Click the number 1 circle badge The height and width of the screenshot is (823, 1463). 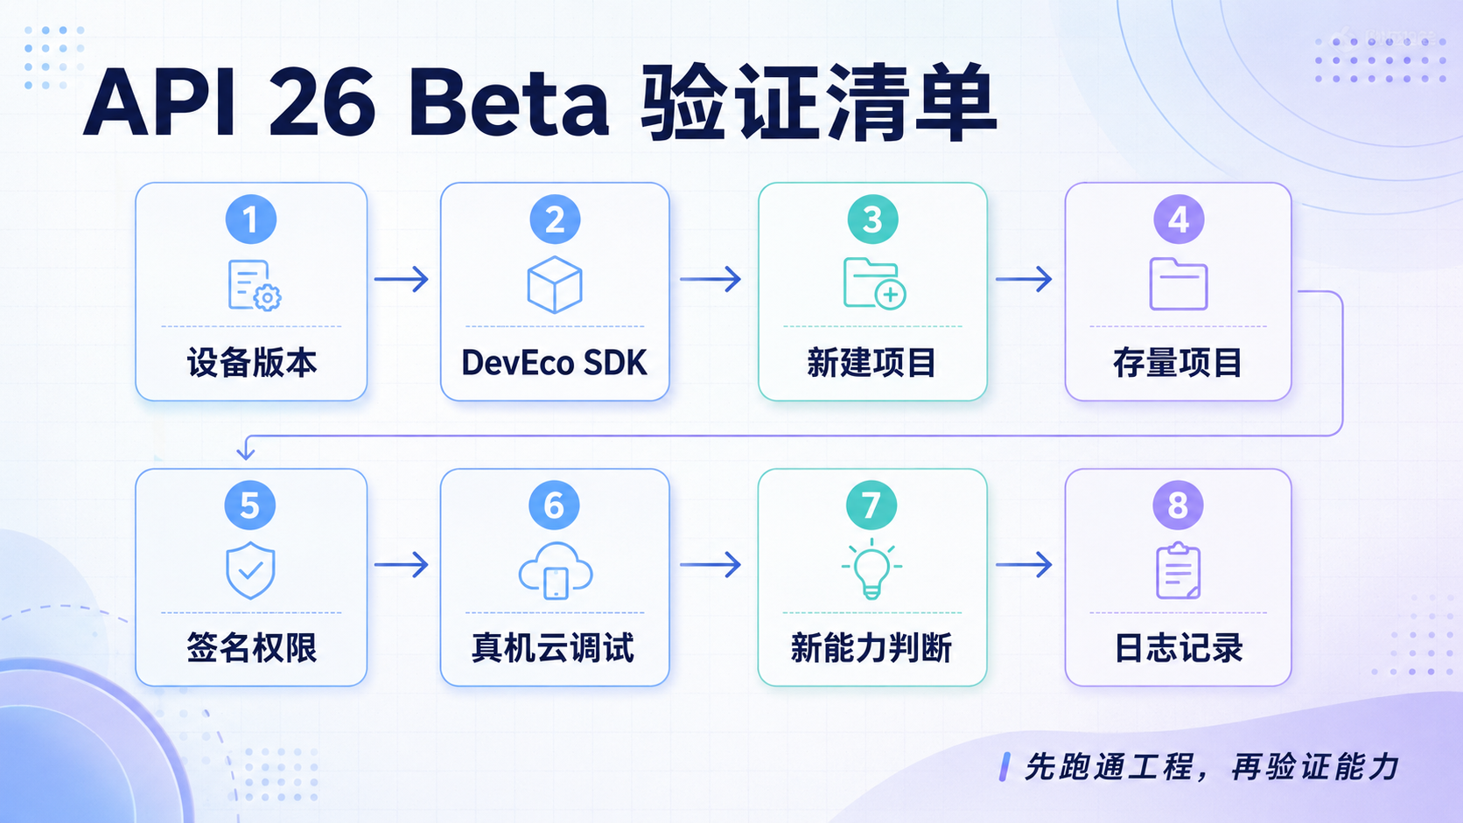pyautogui.click(x=251, y=220)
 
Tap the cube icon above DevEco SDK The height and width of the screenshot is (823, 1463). pyautogui.click(x=555, y=284)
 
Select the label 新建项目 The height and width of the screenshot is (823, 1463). pyautogui.click(x=871, y=363)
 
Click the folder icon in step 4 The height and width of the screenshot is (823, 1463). pyautogui.click(x=1179, y=284)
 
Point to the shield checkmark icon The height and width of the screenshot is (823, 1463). pyautogui.click(x=250, y=570)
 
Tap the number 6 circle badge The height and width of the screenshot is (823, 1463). pyautogui.click(x=554, y=506)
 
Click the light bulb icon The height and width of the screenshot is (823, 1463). pyautogui.click(x=871, y=568)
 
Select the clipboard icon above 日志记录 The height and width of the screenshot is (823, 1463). pyautogui.click(x=1179, y=570)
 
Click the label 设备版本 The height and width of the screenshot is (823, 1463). pyautogui.click(x=251, y=363)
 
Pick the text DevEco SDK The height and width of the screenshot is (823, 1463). pyautogui.click(x=555, y=363)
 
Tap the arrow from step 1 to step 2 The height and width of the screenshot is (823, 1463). pyautogui.click(x=402, y=279)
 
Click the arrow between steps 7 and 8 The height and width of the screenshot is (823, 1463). pyautogui.click(x=1024, y=564)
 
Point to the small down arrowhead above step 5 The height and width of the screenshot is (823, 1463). pyautogui.click(x=246, y=451)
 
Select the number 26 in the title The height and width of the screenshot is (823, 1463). pyautogui.click(x=322, y=103)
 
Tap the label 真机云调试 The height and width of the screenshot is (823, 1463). pyautogui.click(x=553, y=649)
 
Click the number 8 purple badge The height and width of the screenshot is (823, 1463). pyautogui.click(x=1178, y=506)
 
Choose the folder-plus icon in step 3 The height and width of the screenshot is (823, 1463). pyautogui.click(x=874, y=282)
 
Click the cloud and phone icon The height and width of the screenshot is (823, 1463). pyautogui.click(x=556, y=570)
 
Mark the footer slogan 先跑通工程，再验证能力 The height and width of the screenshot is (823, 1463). pyautogui.click(x=1212, y=767)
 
